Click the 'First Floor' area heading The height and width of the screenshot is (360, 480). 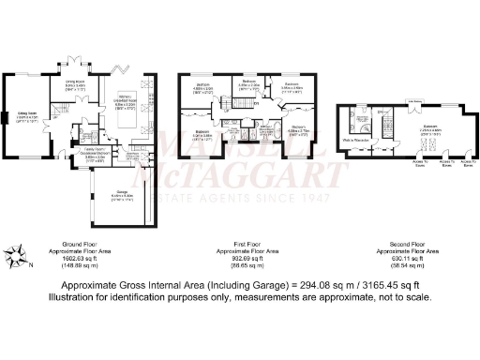point(244,246)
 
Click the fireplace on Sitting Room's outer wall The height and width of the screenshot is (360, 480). point(6,117)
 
